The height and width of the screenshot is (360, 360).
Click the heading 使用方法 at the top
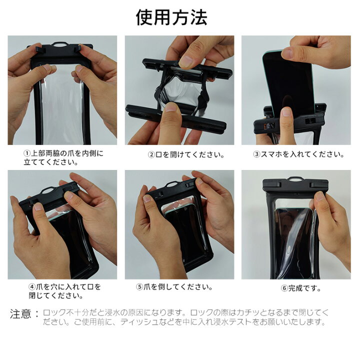tap(171, 17)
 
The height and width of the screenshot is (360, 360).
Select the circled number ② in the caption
tap(150, 154)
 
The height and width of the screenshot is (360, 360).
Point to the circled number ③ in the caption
tap(256, 154)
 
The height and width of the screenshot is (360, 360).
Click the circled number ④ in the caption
tap(32, 287)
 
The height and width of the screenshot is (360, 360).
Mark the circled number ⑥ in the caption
tap(284, 288)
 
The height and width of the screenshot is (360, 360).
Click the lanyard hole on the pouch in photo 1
tap(60, 44)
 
